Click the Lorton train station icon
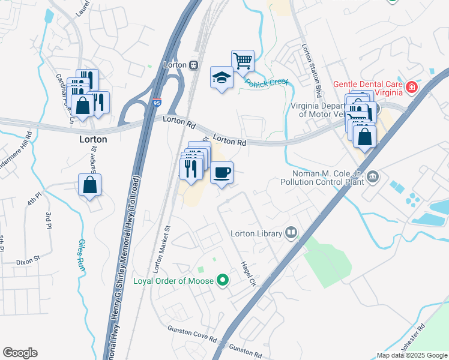point(193,65)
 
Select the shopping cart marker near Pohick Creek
point(243,61)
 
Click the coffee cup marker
point(221,173)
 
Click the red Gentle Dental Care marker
point(412,88)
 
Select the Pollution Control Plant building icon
point(373,176)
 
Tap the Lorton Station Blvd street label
point(312,72)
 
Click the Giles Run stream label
point(80,255)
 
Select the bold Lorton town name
point(93,139)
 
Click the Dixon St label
point(28,261)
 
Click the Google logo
point(20,353)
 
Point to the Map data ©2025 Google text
point(411,355)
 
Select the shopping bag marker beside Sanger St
point(89,185)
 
